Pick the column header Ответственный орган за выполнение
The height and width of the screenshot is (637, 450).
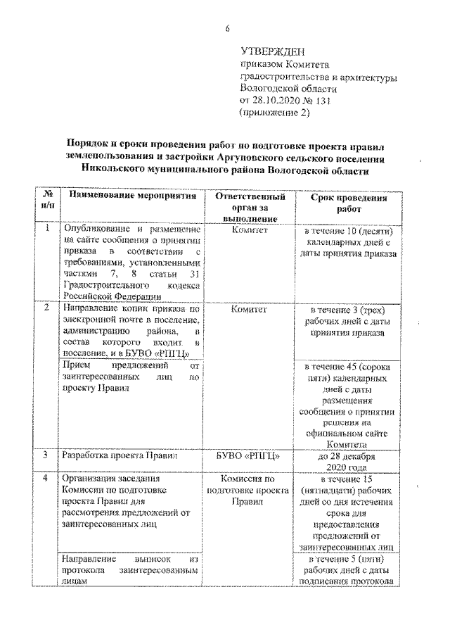[x=250, y=208]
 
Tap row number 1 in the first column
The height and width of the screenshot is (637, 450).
[x=47, y=229]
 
